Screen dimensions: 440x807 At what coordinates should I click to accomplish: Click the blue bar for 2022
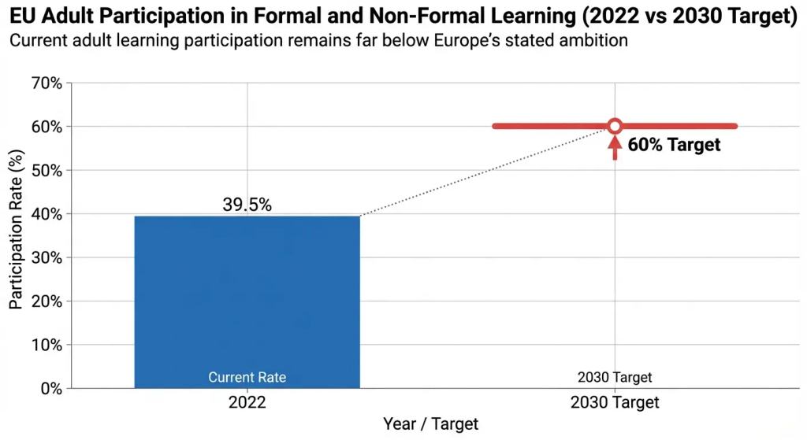click(x=247, y=299)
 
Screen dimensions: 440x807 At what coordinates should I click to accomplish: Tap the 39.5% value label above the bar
click(x=247, y=205)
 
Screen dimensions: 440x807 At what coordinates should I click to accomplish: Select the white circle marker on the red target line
click(x=615, y=126)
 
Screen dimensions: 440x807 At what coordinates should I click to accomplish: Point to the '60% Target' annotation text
click(x=674, y=145)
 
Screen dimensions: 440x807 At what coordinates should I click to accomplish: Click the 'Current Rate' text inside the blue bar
click(x=247, y=378)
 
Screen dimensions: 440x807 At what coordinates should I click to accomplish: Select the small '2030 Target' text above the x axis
click(x=615, y=378)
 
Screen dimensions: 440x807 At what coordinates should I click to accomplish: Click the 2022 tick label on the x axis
click(x=247, y=402)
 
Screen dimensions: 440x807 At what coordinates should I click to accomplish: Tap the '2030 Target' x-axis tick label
click(x=615, y=402)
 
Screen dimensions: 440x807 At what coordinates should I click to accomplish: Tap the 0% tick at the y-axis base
click(x=49, y=388)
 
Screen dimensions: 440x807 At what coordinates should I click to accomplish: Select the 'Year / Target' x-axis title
click(x=430, y=424)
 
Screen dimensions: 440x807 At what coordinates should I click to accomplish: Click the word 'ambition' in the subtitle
click(x=595, y=40)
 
